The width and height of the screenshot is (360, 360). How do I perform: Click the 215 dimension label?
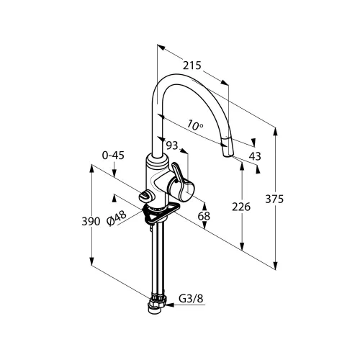[x=192, y=66]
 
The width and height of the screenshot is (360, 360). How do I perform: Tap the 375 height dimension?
[x=274, y=199]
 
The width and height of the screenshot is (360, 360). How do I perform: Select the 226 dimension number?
[x=241, y=207]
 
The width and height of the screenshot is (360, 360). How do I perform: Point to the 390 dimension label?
[x=91, y=221]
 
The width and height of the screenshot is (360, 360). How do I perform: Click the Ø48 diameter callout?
[x=117, y=218]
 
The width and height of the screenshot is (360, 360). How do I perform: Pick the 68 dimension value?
[x=204, y=216]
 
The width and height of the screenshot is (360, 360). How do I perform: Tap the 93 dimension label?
[x=172, y=145]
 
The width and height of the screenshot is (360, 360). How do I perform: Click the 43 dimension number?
[x=255, y=156]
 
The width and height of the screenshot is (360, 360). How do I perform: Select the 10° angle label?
[x=194, y=125]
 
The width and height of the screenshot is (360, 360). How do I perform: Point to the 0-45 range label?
[x=113, y=156]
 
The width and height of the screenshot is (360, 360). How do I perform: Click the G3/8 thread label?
[x=191, y=299]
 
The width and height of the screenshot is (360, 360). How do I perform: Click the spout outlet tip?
[x=228, y=156]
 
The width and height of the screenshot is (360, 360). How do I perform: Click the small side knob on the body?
[x=145, y=196]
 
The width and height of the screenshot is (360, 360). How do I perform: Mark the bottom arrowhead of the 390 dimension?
[x=91, y=261]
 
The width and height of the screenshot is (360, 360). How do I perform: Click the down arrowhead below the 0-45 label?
[x=114, y=173]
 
